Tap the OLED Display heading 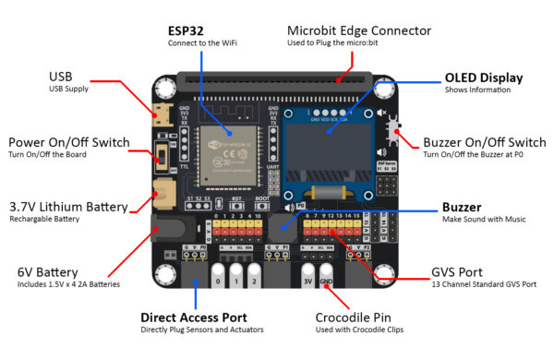pyautogui.click(x=484, y=78)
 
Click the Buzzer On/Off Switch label pyautogui.click(x=484, y=142)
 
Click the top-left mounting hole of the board pyautogui.click(x=165, y=89)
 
